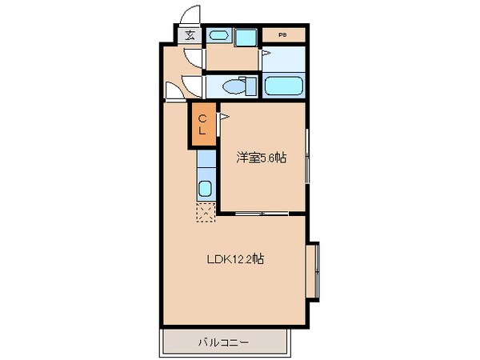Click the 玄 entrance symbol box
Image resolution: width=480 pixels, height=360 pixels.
190,34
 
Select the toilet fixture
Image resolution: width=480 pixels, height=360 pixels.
238,86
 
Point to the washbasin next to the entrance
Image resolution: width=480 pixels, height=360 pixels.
218,35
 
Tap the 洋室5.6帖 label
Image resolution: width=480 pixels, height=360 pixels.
261,158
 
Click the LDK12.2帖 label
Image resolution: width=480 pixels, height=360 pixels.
237,259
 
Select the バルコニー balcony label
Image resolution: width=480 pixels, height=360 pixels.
223,342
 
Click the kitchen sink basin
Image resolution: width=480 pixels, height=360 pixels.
206,190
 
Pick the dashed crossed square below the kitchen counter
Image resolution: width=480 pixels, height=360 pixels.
206,212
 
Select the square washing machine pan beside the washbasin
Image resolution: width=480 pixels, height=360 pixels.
246,35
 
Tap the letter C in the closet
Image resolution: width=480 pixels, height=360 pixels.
202,118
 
